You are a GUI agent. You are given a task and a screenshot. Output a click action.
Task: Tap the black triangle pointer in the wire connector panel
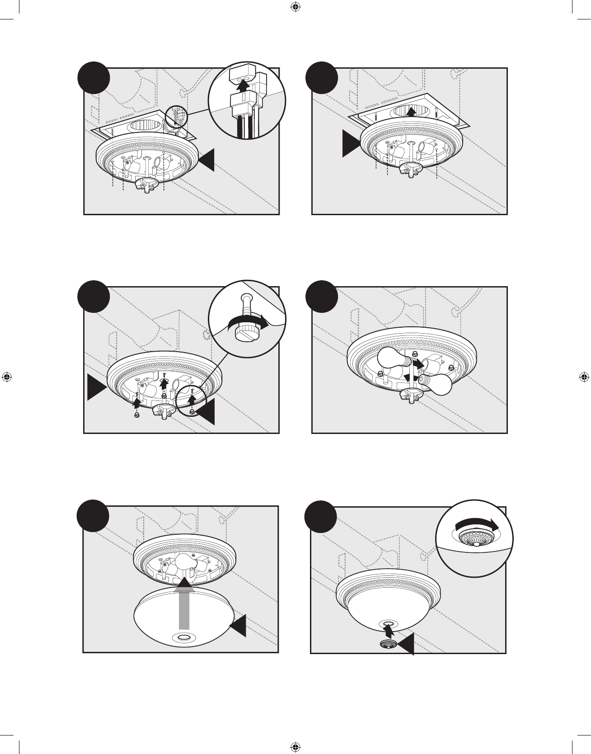tap(206, 161)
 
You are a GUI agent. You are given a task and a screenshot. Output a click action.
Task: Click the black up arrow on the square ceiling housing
tap(410, 111)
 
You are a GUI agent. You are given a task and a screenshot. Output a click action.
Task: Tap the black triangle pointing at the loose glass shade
tap(239, 626)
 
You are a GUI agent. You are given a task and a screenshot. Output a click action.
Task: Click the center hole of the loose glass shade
tap(184, 637)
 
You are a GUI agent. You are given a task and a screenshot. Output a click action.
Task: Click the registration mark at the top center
tap(295, 7)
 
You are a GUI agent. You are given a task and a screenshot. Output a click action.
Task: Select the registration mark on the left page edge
tap(6, 377)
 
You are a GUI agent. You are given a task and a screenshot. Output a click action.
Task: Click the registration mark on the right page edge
tap(584, 377)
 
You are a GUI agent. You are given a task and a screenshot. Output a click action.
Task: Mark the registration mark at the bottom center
tap(295, 746)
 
